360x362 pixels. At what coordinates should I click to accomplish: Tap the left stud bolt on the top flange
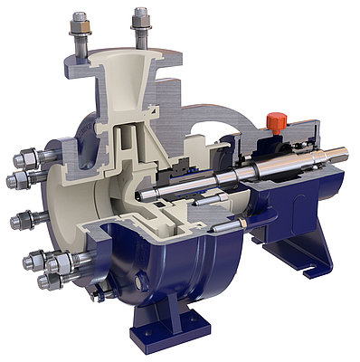[x=79, y=36]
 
